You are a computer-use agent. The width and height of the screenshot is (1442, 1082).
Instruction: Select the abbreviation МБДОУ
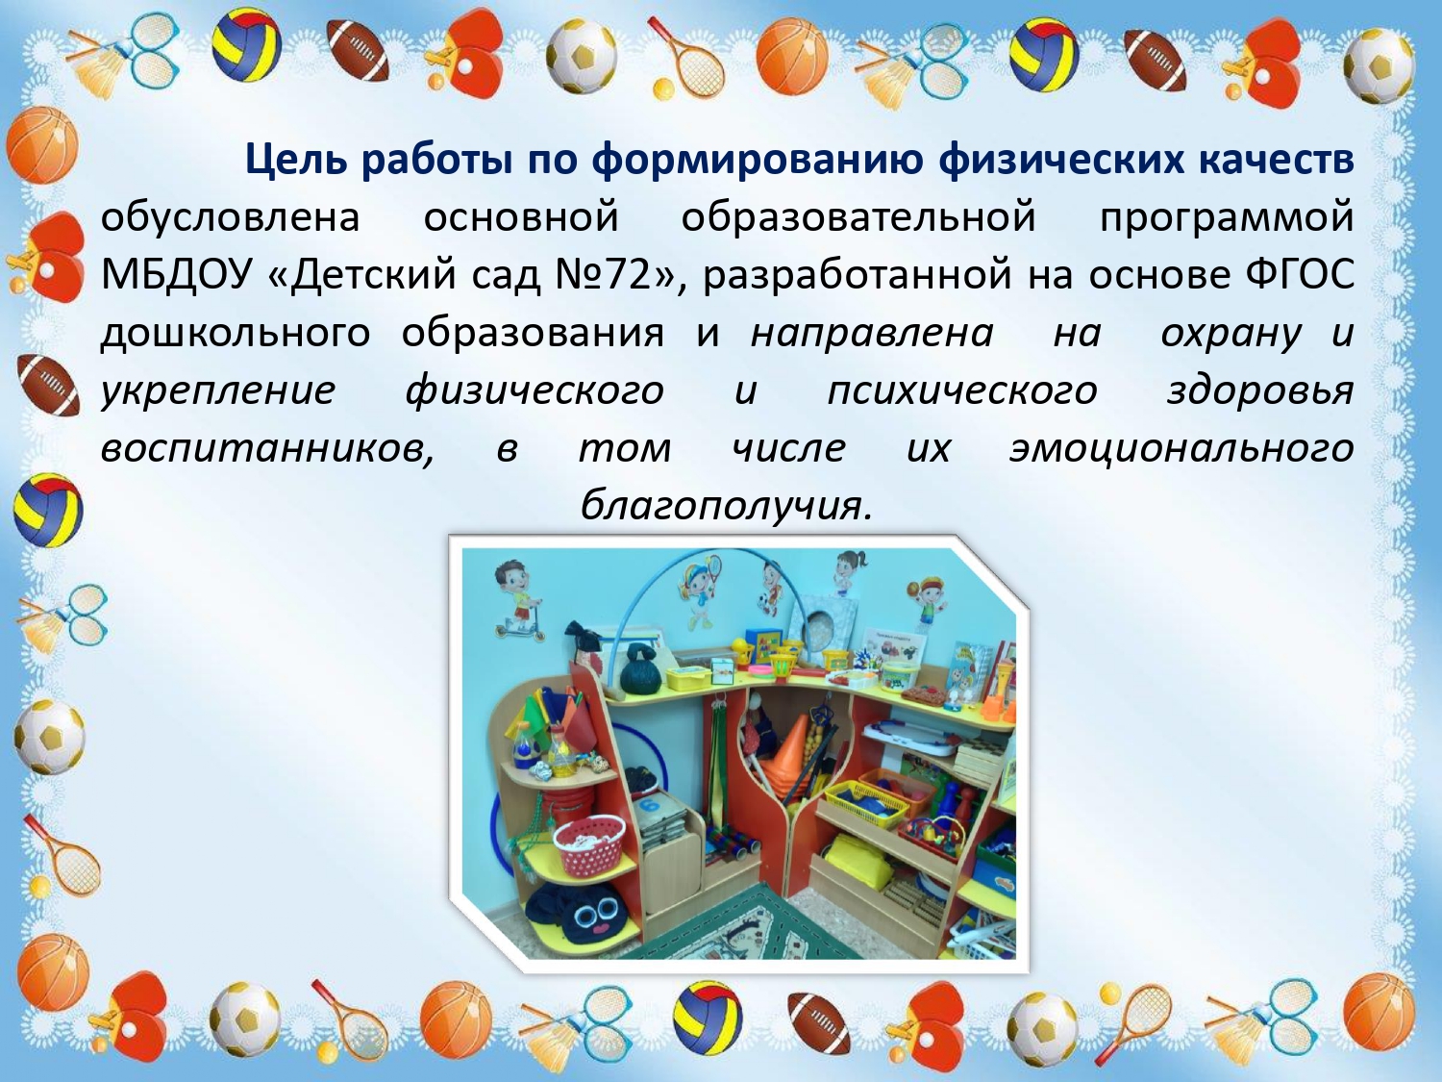pyautogui.click(x=177, y=275)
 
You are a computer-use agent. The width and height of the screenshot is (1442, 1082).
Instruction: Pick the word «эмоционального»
pyautogui.click(x=1181, y=449)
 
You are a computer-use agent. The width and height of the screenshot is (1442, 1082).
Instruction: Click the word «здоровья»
pyautogui.click(x=1260, y=391)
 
